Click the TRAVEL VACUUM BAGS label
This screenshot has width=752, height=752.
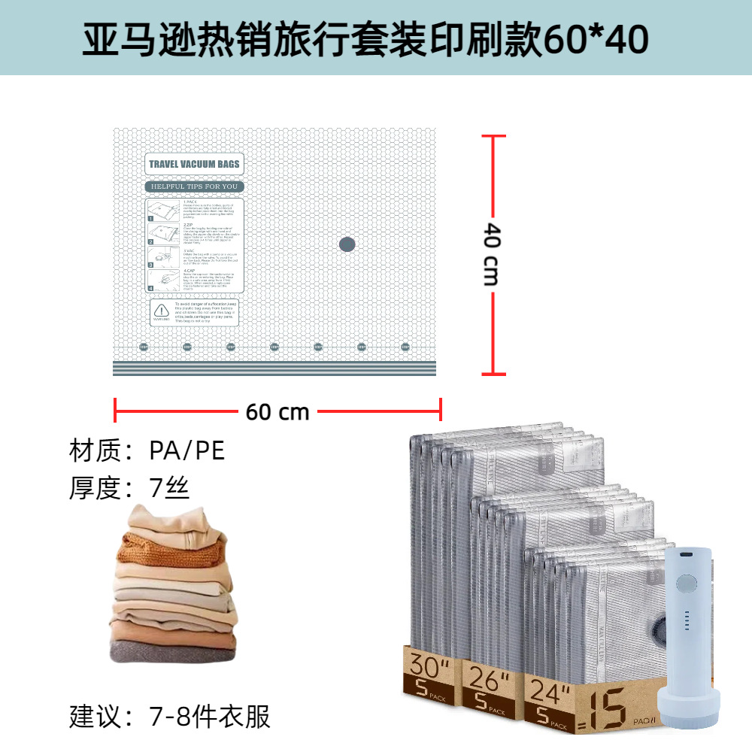point(194,164)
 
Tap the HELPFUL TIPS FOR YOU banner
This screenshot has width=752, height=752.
point(194,186)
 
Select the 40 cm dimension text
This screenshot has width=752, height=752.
point(490,253)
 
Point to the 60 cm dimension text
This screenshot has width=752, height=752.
point(277,412)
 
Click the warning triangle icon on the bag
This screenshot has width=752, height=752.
point(161,309)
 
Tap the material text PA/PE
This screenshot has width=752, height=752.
point(186,450)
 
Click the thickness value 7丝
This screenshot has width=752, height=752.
point(169,489)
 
